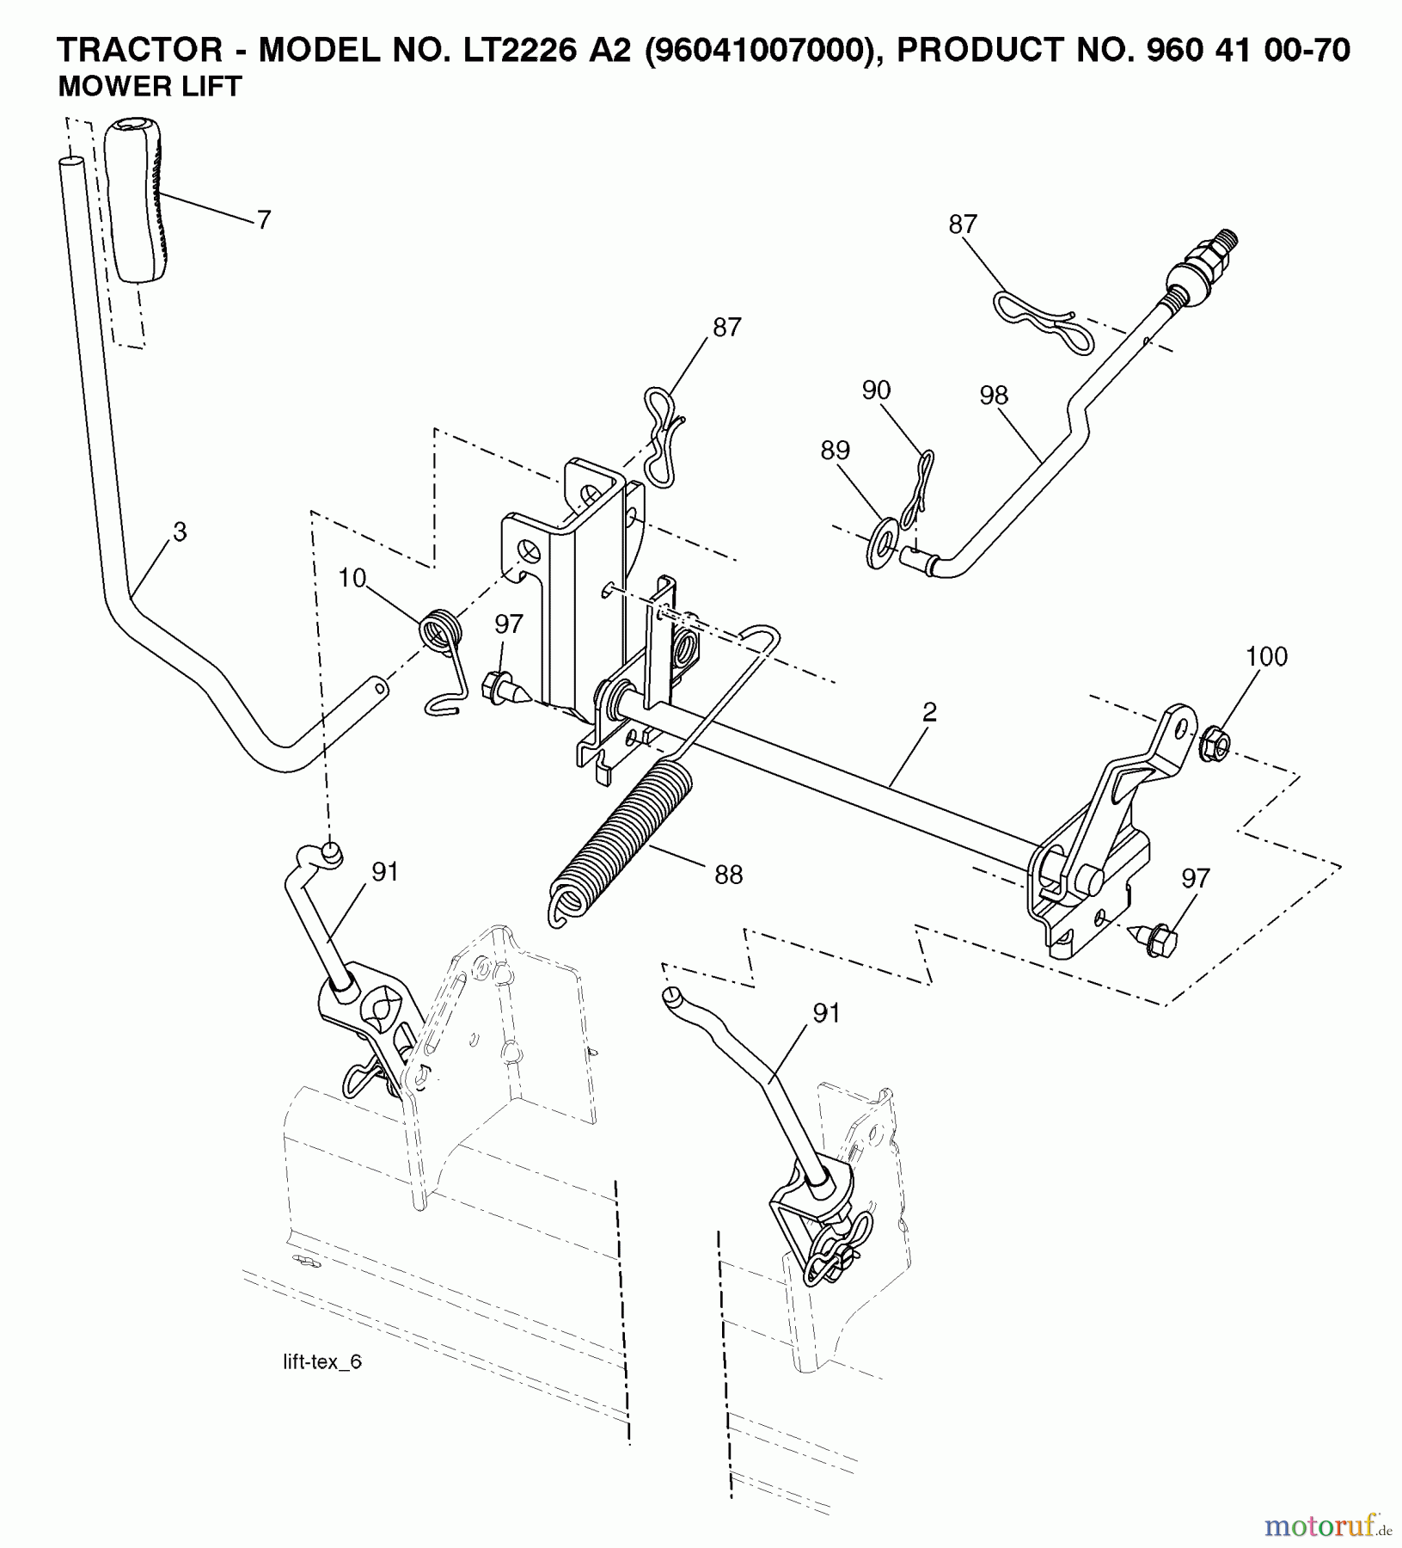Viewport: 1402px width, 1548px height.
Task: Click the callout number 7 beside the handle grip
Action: [x=264, y=220]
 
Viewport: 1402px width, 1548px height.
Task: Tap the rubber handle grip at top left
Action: [x=136, y=200]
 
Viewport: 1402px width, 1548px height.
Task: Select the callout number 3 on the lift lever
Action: [x=179, y=532]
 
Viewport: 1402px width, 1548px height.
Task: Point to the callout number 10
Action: [x=352, y=579]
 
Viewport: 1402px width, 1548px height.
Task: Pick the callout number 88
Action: [x=728, y=875]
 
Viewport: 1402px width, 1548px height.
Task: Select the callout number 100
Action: [x=1266, y=657]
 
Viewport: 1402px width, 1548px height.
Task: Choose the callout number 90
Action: [x=876, y=390]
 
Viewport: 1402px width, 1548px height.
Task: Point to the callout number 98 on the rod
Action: [x=993, y=396]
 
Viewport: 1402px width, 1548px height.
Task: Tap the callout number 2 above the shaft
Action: [x=929, y=712]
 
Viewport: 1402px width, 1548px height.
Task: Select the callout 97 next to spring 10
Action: [x=509, y=624]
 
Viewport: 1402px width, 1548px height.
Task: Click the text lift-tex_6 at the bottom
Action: [x=322, y=1362]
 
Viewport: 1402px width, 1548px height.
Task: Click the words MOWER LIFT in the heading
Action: [x=150, y=87]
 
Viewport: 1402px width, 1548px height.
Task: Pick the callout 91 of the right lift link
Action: [x=825, y=1014]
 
